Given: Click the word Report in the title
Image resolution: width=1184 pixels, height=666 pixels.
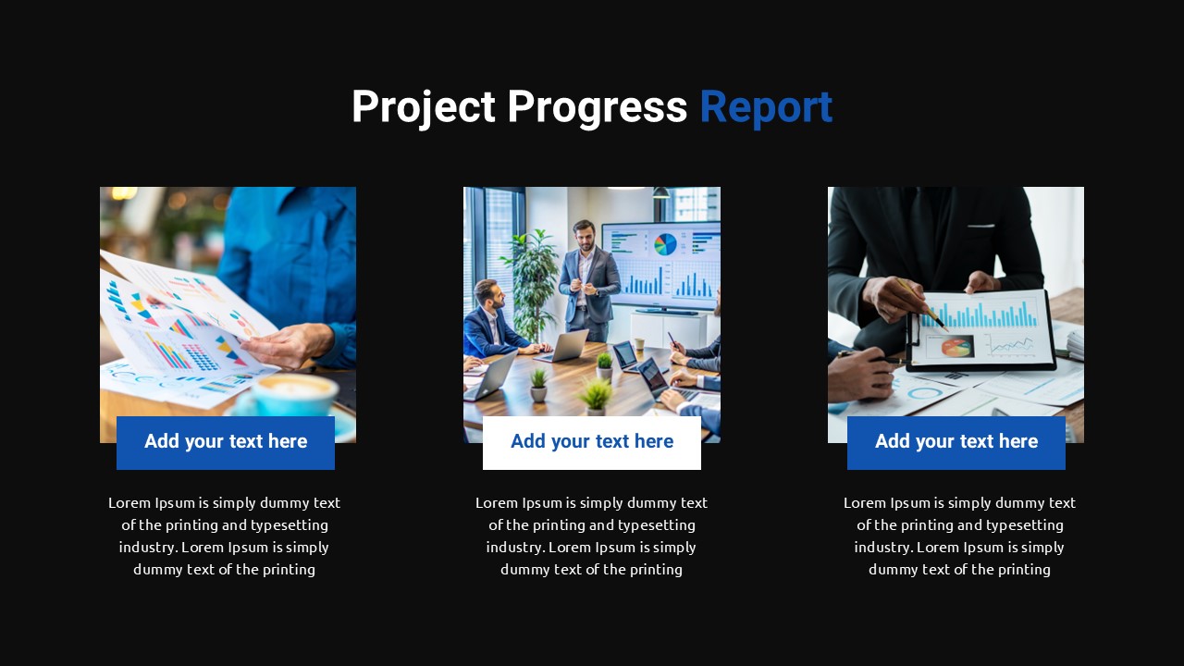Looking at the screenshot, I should [766, 107].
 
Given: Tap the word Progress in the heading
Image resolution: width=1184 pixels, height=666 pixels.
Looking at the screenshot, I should [597, 107].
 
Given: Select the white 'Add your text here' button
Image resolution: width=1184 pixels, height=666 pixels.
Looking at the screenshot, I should [592, 442].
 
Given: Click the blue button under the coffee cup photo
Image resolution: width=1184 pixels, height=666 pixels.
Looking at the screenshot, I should [226, 442].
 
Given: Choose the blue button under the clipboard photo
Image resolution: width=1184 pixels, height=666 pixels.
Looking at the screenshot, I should [956, 442].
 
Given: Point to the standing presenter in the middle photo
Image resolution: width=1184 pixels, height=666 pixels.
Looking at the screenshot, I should [586, 277].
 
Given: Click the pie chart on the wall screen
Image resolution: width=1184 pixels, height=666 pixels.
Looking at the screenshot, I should [665, 244].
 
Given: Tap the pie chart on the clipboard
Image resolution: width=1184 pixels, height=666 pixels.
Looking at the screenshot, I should [956, 346].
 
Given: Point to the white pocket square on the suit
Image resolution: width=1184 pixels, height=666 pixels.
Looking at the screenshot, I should [980, 225].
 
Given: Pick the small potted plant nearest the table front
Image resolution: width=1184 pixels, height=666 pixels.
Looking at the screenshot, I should [595, 396].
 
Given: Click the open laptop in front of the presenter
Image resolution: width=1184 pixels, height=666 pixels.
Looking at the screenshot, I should [567, 346].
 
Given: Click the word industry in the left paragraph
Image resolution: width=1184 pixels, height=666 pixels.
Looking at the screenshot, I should [147, 547].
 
